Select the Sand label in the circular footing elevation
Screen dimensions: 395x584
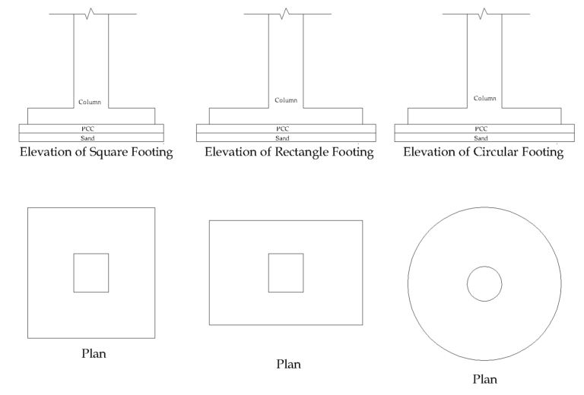coord(481,137)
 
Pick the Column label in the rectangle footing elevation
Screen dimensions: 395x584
coord(286,100)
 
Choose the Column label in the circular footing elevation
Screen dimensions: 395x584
coord(484,98)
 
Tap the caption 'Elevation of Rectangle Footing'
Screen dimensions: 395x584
coord(289,153)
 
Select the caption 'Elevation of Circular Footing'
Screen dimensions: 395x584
coord(483,153)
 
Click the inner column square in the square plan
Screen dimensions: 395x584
coord(91,273)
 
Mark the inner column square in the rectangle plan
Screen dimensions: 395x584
coord(286,273)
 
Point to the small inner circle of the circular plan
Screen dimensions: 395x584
coord(484,284)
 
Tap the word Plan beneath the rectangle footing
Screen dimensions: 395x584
coord(288,364)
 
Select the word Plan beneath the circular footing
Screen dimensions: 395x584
coord(484,378)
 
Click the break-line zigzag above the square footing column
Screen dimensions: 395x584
coord(90,14)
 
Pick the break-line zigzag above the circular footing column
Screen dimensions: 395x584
coord(482,14)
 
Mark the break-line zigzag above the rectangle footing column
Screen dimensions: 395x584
coord(285,14)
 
